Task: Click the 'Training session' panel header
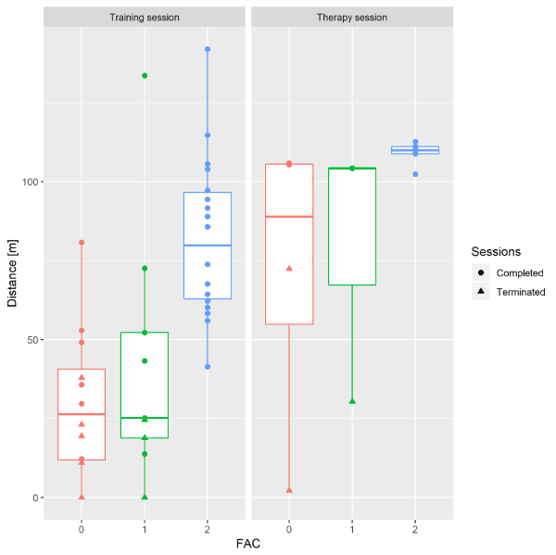point(145,17)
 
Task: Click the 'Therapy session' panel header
point(352,17)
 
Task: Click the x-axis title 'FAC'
point(248,544)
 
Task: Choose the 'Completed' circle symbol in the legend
point(483,273)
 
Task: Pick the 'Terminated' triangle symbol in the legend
point(483,292)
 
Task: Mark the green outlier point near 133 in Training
point(145,76)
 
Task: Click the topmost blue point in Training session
point(208,49)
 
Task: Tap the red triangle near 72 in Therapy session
point(289,268)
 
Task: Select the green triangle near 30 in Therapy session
point(352,401)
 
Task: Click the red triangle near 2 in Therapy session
point(289,490)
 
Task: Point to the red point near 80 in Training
point(82,243)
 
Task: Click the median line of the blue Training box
point(208,246)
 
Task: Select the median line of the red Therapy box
point(289,217)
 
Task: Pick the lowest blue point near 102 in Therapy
point(415,174)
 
